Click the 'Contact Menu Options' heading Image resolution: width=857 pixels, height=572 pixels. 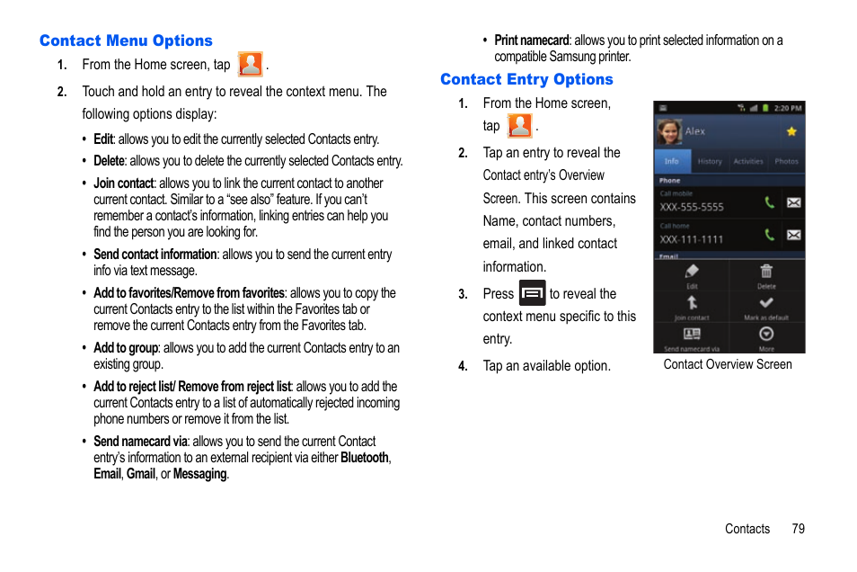[126, 40]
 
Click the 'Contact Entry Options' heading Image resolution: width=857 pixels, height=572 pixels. [526, 79]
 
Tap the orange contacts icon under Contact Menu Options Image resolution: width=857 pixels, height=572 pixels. [250, 65]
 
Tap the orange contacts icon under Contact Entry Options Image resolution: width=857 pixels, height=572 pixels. [519, 126]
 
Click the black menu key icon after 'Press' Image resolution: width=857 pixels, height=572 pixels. [532, 293]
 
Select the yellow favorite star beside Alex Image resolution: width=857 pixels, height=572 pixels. [791, 131]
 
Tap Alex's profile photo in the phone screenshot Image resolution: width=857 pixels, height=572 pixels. [668, 132]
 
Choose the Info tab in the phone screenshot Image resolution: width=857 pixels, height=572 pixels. [672, 162]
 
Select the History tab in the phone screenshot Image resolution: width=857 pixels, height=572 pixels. [710, 162]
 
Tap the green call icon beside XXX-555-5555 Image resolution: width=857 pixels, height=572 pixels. [769, 202]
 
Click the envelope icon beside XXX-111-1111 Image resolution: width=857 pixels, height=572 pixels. [793, 235]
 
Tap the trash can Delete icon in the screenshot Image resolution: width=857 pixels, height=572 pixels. [766, 272]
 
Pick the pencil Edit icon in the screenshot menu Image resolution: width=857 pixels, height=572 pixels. [692, 272]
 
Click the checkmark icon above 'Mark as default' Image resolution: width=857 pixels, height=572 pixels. [766, 303]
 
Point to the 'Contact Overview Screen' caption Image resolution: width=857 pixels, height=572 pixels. [728, 364]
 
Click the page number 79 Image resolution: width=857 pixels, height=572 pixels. [798, 529]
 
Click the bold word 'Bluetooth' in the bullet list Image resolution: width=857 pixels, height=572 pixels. [365, 458]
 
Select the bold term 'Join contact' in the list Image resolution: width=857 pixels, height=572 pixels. [124, 183]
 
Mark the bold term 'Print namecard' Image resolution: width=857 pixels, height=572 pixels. [532, 40]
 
